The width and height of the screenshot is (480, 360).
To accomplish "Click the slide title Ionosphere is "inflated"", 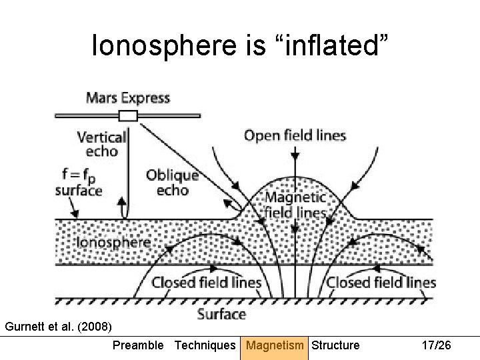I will click(240, 46).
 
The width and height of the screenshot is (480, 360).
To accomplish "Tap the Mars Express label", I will click(128, 98).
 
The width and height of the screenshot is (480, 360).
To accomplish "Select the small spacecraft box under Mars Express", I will click(127, 117).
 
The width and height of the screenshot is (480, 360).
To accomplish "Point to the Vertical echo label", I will click(102, 144).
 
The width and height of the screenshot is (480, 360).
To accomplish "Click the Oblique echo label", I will click(173, 182).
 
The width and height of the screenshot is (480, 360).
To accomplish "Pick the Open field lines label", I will click(295, 136).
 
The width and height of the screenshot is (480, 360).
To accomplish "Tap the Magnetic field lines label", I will click(295, 205).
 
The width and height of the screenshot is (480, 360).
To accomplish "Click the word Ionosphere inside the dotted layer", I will click(113, 241).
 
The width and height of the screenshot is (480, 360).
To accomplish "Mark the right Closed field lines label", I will click(381, 282).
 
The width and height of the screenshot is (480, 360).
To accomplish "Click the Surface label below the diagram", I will click(222, 313).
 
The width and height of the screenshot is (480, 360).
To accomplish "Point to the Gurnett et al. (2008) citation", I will click(59, 327).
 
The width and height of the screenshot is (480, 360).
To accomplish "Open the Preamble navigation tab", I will click(137, 345).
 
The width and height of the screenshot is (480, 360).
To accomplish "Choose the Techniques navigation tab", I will click(205, 345).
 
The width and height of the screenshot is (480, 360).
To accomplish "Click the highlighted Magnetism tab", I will click(274, 345).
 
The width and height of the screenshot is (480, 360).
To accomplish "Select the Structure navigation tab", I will click(335, 345).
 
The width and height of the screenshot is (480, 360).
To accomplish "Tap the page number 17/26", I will click(437, 345).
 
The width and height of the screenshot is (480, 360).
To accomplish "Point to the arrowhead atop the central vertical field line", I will click(293, 156).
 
